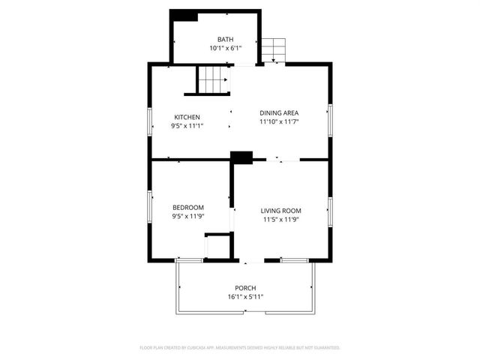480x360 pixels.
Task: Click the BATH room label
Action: pos(225,40)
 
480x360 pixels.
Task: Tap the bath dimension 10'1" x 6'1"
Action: pos(225,49)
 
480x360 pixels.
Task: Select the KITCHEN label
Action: pos(187,117)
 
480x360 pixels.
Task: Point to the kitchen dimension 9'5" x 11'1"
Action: pos(187,126)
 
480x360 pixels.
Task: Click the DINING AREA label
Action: pos(279,113)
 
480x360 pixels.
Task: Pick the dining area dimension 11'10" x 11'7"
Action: pos(279,122)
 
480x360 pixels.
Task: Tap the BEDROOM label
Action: pos(187,208)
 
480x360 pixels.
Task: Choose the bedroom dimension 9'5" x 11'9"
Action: pos(187,217)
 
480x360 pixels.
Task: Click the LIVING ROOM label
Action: pos(281,211)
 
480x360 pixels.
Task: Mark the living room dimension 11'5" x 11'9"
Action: pos(281,220)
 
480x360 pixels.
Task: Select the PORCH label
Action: pos(245,288)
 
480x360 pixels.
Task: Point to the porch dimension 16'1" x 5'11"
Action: pos(245,297)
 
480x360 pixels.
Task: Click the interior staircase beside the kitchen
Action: pos(211,79)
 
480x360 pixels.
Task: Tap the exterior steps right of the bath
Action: pos(274,50)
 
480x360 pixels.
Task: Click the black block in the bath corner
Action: pos(184,15)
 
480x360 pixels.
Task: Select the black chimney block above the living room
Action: pos(241,157)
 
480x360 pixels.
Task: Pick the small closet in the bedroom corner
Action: pos(217,247)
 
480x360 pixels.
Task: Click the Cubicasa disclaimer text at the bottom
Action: pos(240,348)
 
